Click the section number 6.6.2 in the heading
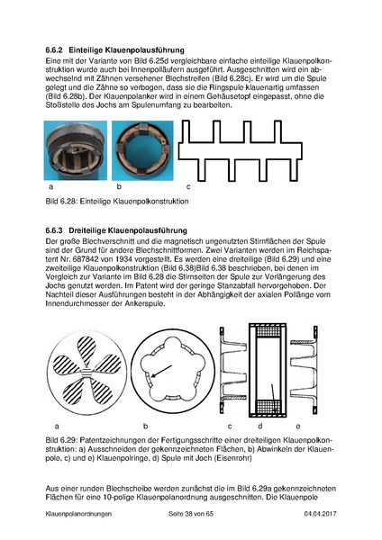(x=54, y=50)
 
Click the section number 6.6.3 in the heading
(x=54, y=230)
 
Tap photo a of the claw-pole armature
(x=75, y=150)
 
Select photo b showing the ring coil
(x=142, y=150)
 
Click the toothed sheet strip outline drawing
(x=241, y=150)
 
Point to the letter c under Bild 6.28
(x=188, y=187)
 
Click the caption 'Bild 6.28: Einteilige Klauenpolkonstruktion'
(x=117, y=201)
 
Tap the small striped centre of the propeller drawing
(x=86, y=373)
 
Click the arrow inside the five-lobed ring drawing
(x=161, y=372)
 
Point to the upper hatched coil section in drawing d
(x=268, y=331)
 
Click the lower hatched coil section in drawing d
(x=268, y=407)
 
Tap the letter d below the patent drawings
(x=260, y=426)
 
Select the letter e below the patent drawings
(x=298, y=427)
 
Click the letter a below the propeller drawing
(x=57, y=427)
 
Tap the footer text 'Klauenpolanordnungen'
(x=78, y=514)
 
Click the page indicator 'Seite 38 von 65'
(x=191, y=514)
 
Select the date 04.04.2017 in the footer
(x=321, y=514)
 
